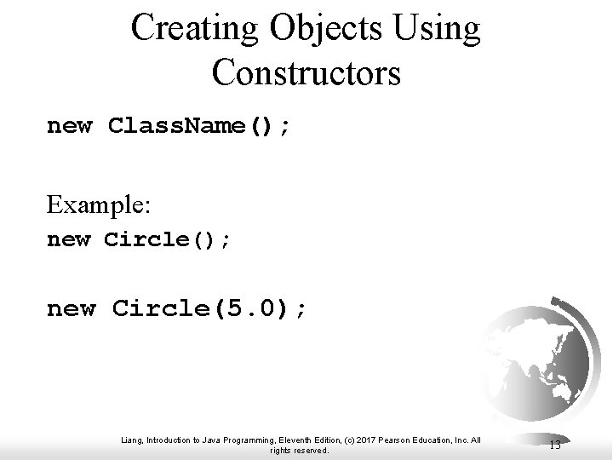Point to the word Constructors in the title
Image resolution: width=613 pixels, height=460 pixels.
(306, 72)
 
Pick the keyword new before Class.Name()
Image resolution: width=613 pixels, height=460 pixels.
(70, 127)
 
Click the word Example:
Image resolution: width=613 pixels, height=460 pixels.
(99, 205)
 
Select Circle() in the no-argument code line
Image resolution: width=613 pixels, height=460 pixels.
(167, 239)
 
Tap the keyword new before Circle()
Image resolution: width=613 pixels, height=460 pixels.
(68, 239)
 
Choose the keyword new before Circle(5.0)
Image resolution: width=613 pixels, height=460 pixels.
(71, 308)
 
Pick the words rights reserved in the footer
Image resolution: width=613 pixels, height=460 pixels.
(299, 450)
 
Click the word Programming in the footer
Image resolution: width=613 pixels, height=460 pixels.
(243, 439)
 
